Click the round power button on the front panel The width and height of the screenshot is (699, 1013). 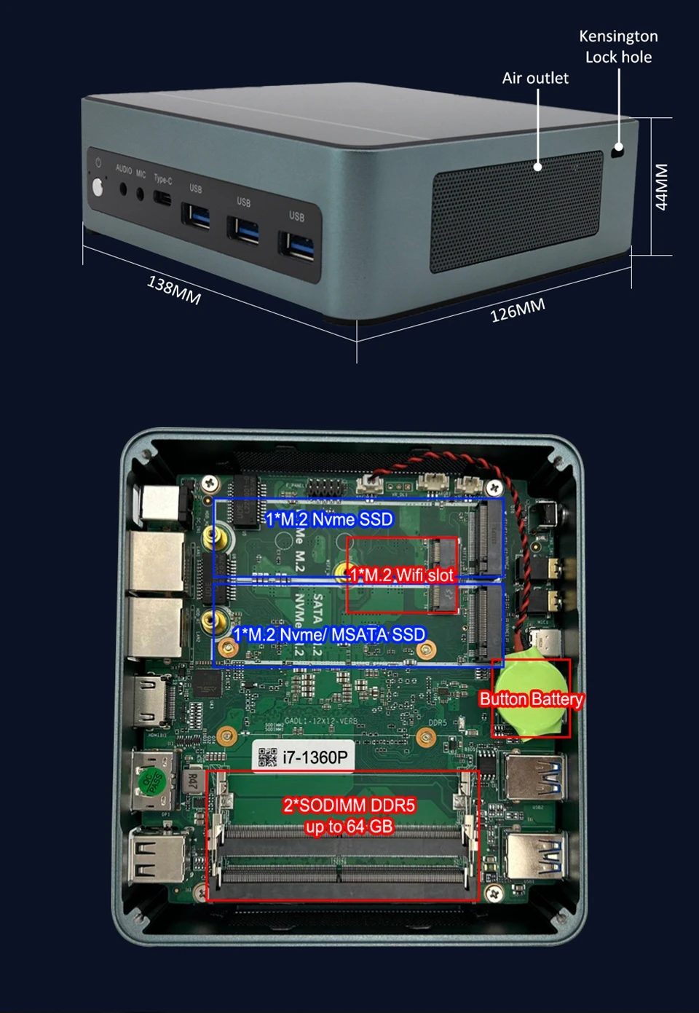[x=98, y=188]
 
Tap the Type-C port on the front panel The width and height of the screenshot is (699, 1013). [x=162, y=198]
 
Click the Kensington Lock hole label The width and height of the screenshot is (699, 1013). [x=618, y=47]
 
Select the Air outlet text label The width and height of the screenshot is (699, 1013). [x=535, y=78]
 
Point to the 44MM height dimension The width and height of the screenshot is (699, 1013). [x=661, y=187]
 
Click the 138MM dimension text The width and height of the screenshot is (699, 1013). [x=174, y=290]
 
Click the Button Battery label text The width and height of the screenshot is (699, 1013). [x=532, y=699]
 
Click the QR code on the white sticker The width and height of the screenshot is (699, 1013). [x=268, y=757]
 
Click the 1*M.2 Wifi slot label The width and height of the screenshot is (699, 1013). [x=401, y=575]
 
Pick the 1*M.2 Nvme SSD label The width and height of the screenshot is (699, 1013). [x=329, y=519]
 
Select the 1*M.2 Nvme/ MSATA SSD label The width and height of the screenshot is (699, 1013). [x=329, y=635]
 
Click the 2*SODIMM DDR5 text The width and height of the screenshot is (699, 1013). [x=349, y=805]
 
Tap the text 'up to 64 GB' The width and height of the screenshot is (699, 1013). [x=349, y=827]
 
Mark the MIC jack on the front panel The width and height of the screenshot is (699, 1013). [x=140, y=194]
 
